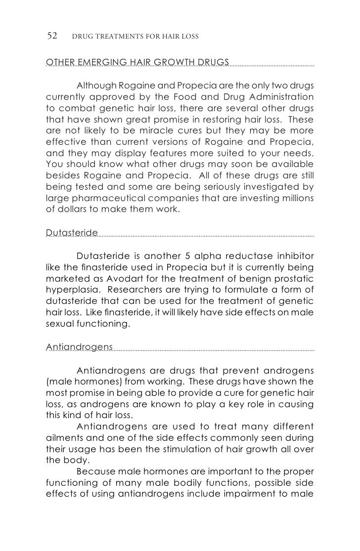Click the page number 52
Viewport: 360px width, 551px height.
pos(52,36)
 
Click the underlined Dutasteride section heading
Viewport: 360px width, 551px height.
pos(72,233)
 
